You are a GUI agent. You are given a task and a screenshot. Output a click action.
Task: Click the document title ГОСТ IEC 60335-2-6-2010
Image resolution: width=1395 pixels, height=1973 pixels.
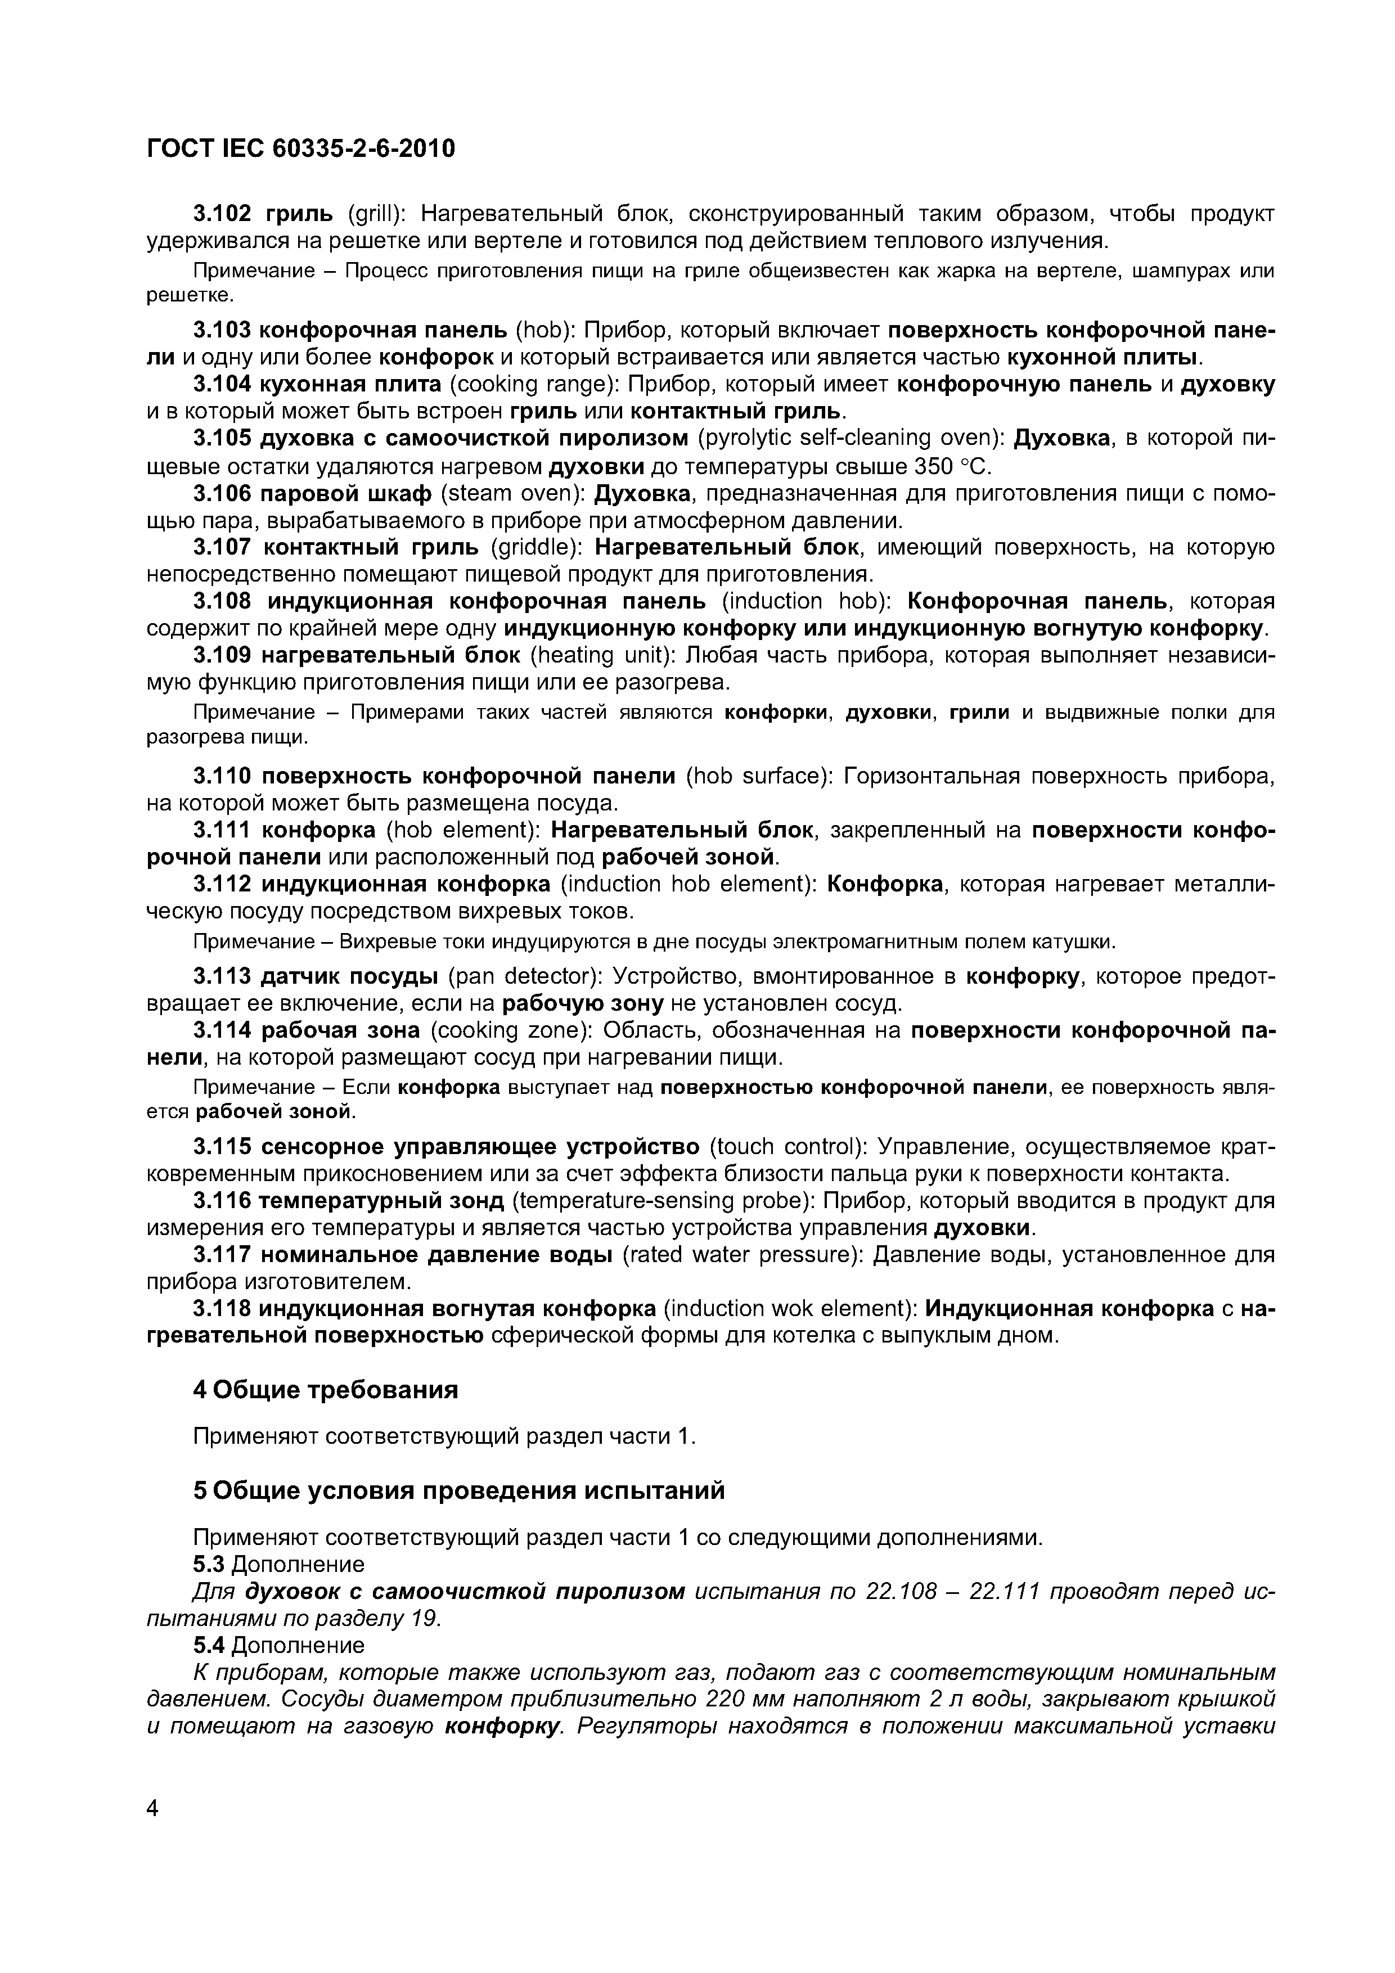[301, 148]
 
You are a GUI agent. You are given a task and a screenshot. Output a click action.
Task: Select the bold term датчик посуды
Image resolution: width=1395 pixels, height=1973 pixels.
[349, 976]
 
